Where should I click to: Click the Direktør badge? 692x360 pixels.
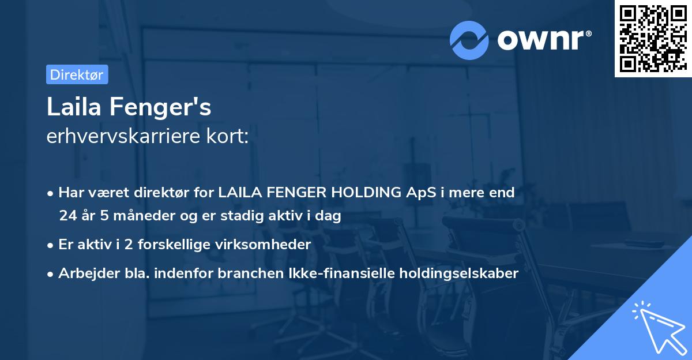(77, 74)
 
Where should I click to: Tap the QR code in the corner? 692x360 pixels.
(653, 38)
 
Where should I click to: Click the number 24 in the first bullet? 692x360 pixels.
(67, 216)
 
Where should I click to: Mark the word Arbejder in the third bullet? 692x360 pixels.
(83, 273)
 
